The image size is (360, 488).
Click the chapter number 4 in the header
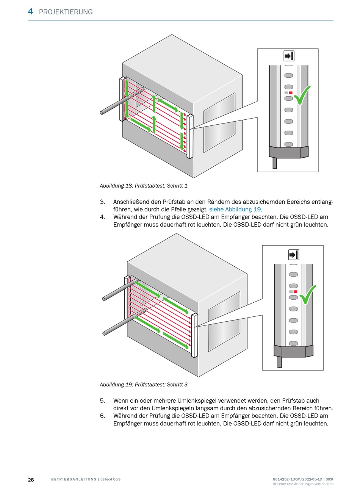click(x=30, y=11)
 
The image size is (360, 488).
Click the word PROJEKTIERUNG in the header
click(x=66, y=12)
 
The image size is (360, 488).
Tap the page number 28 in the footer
click(x=31, y=480)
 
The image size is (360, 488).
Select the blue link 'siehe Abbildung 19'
click(x=235, y=210)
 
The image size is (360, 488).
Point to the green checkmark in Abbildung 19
click(x=307, y=294)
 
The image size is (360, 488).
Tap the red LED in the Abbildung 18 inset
click(x=291, y=92)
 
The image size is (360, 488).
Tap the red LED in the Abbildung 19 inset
click(x=295, y=292)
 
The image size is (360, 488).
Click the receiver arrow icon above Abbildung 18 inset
click(x=289, y=56)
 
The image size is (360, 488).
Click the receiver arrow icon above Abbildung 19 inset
click(x=294, y=255)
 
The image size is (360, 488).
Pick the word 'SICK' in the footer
click(x=330, y=479)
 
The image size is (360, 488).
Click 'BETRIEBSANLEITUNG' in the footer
click(x=74, y=480)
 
